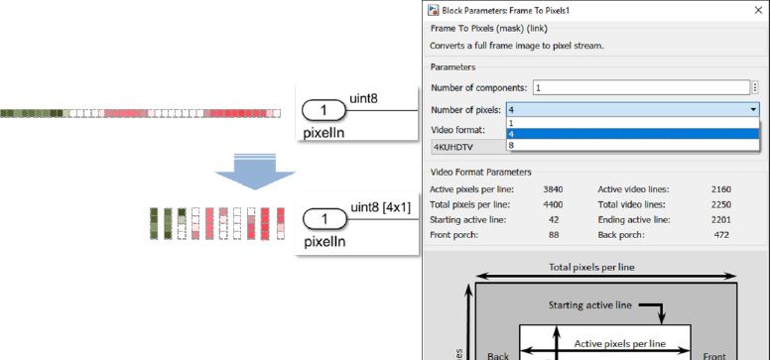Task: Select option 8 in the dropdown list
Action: pyautogui.click(x=511, y=146)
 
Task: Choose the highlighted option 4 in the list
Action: pyautogui.click(x=511, y=134)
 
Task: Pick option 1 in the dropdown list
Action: pyautogui.click(x=511, y=123)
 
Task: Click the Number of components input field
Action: pyautogui.click(x=640, y=87)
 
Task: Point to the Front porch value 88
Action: pyautogui.click(x=554, y=235)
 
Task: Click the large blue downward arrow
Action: pyautogui.click(x=255, y=176)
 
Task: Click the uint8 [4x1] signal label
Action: pyautogui.click(x=378, y=206)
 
